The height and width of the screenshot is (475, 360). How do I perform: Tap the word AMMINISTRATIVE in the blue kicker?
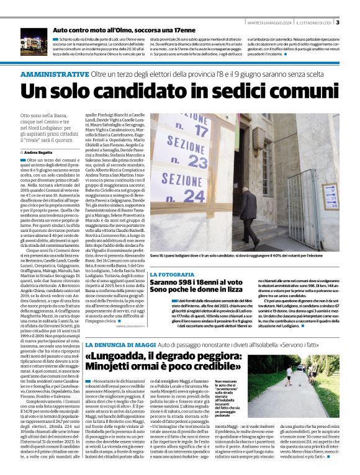55,74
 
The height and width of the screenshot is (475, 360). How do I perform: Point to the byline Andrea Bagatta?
38,152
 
